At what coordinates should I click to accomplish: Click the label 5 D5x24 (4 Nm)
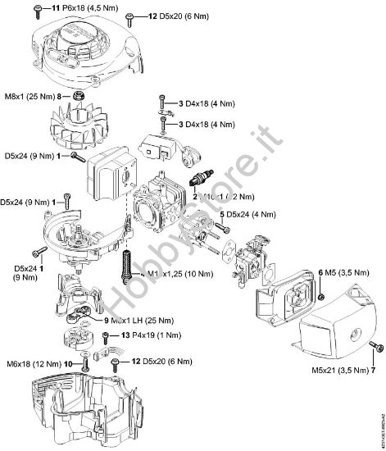(253, 214)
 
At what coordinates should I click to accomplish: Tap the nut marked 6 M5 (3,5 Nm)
(322, 294)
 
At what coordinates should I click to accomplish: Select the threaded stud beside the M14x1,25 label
(127, 267)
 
